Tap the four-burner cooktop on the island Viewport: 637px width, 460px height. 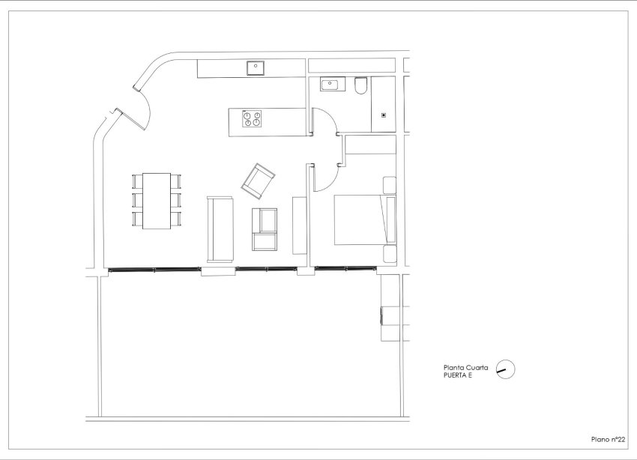[251, 118]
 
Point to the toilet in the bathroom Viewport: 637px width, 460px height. [360, 86]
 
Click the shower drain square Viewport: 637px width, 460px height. [384, 115]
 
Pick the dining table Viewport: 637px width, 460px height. [157, 201]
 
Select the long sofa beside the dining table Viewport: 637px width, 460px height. [220, 229]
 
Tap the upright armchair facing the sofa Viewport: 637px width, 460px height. [265, 229]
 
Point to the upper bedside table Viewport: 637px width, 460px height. [389, 185]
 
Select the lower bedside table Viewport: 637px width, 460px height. [389, 253]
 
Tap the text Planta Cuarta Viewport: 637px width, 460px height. [466, 367]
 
